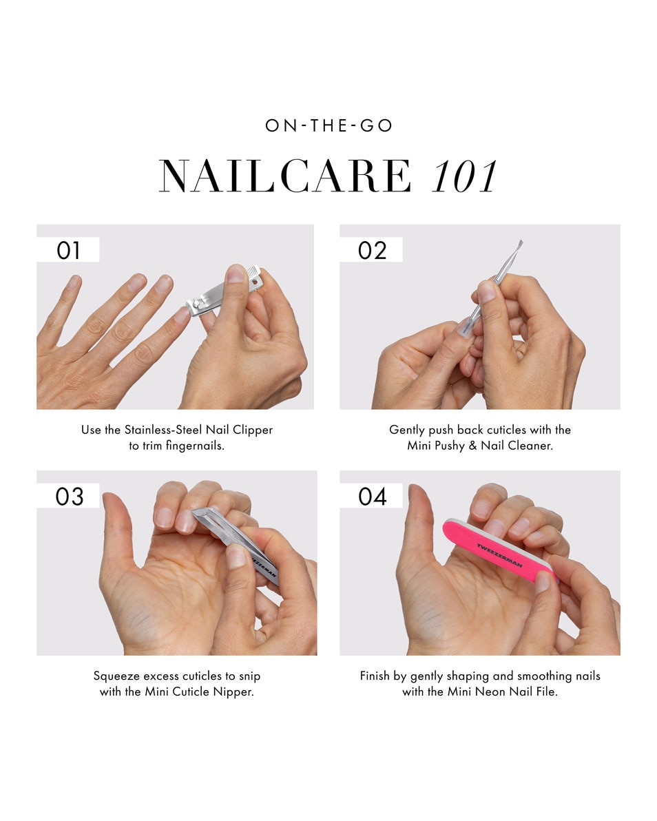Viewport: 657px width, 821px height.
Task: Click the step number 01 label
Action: tap(68, 250)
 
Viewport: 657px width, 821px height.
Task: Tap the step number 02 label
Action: tap(372, 250)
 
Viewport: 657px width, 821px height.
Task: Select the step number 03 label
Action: tap(69, 496)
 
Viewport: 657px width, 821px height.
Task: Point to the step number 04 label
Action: tap(373, 496)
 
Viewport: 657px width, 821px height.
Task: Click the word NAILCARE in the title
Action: tap(285, 176)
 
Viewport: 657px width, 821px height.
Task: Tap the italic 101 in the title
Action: tap(464, 176)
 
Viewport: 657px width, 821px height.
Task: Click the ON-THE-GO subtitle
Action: tap(328, 126)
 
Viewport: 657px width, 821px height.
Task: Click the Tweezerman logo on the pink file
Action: tap(499, 555)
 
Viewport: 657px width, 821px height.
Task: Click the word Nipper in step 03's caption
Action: tap(236, 692)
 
